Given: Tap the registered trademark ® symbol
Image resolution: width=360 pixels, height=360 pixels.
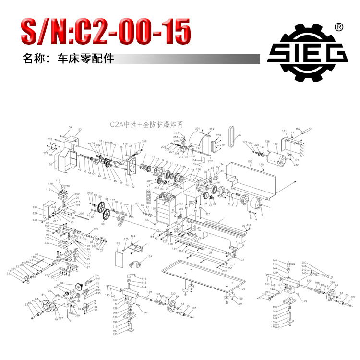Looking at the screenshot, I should tap(338, 27).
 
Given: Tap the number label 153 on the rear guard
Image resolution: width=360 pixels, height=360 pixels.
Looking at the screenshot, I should tap(250, 162).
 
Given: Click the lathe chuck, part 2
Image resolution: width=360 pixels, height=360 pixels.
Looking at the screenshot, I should tap(252, 204).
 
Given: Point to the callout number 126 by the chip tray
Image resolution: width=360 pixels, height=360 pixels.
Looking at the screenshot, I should tap(242, 289).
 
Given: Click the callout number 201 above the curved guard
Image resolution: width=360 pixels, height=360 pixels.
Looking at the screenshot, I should tap(197, 129).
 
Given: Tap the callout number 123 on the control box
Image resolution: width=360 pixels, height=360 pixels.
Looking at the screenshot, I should tap(174, 204).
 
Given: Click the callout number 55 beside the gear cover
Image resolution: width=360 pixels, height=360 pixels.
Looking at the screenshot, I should tap(51, 164).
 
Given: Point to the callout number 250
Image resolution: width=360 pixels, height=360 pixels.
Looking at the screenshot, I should tap(304, 263).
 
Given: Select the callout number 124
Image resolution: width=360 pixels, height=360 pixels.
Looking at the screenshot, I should tap(149, 257).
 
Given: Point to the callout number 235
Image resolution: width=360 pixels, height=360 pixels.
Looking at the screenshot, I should tap(35, 207).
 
